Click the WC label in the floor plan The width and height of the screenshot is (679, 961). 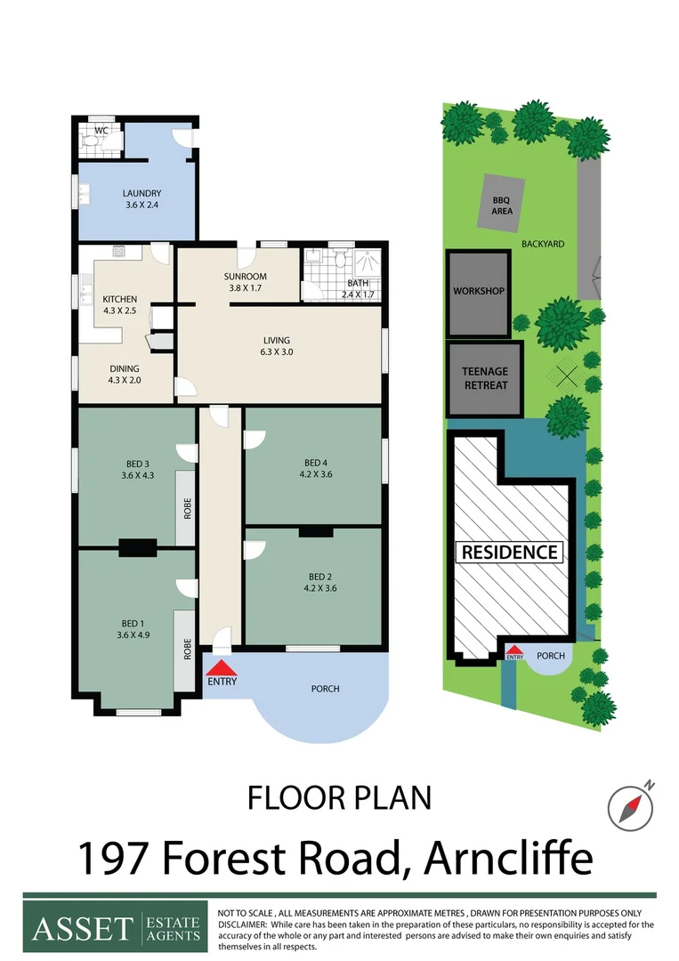[101, 130]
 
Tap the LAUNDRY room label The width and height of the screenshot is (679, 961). [141, 193]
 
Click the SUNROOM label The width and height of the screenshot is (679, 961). [245, 276]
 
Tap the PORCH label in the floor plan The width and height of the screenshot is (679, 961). [325, 688]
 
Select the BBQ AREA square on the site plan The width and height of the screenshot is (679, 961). [502, 205]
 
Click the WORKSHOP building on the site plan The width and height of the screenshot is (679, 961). [479, 291]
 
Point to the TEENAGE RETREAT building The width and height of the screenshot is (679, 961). [485, 379]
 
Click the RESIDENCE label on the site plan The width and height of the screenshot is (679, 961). [510, 552]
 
